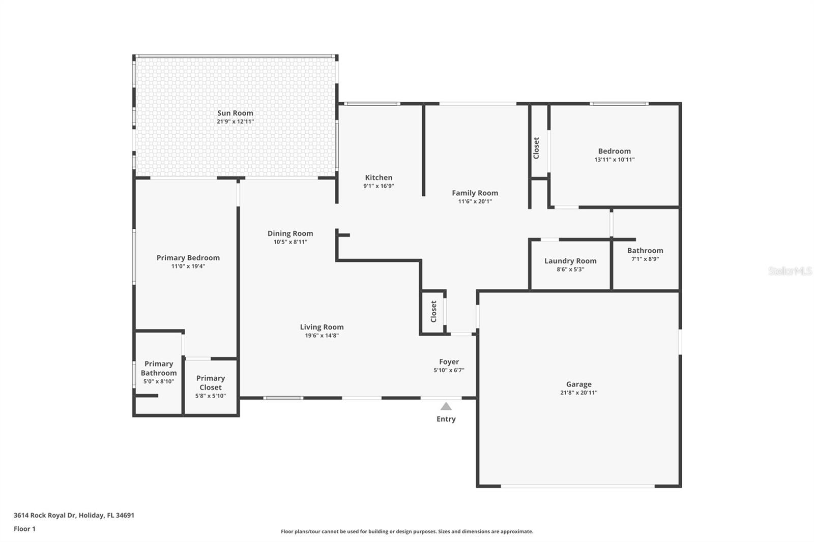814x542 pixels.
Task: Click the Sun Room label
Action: (235, 113)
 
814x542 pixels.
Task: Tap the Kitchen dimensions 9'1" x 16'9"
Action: (379, 186)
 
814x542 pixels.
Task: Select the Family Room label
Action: (475, 193)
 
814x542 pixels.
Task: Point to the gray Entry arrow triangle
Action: (446, 406)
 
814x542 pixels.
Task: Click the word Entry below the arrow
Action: (446, 419)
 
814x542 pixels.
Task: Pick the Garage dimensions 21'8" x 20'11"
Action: (579, 393)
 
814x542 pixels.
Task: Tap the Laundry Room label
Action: (570, 261)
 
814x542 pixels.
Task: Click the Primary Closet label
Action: (211, 382)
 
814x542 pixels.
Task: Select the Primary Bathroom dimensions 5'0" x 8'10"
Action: (159, 381)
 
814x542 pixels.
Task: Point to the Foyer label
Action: (449, 362)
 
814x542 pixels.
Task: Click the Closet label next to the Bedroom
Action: (536, 148)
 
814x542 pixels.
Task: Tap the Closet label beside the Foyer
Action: (433, 311)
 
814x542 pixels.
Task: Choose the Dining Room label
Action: (290, 233)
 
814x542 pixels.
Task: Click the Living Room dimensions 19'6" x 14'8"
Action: (322, 336)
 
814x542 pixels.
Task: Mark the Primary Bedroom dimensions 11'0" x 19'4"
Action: (188, 266)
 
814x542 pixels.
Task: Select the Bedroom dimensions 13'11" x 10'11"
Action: (615, 160)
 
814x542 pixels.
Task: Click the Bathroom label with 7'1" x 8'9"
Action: (645, 251)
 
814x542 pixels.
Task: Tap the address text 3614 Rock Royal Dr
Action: (45, 515)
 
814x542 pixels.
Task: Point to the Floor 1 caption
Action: (25, 529)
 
